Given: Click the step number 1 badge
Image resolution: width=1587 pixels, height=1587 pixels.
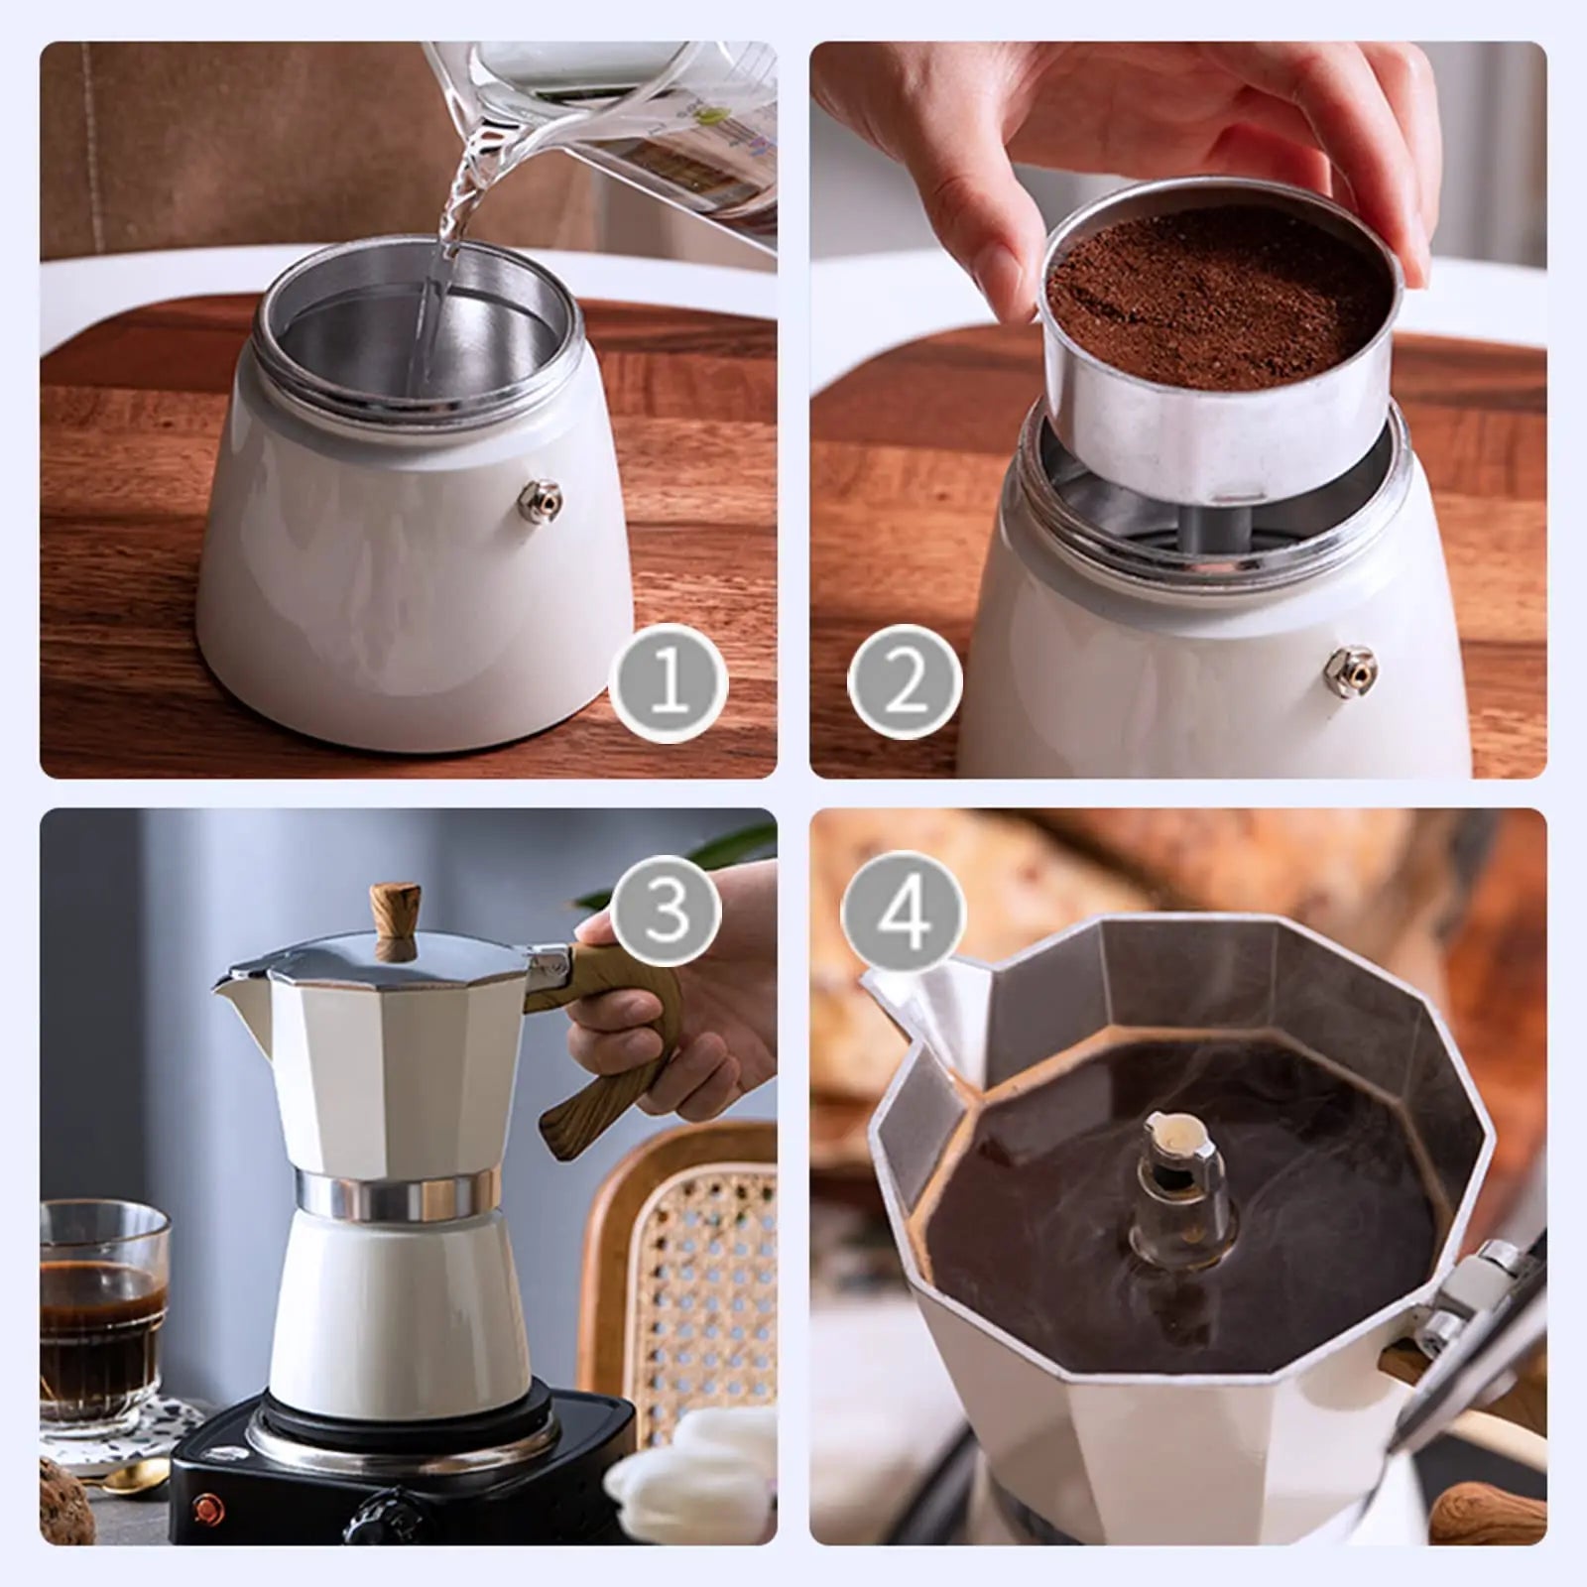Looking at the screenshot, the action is coord(668,683).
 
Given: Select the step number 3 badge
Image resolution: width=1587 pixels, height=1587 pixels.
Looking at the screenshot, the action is coord(667,910).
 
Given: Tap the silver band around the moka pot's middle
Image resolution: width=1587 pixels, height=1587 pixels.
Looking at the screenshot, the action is coord(397,1194).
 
